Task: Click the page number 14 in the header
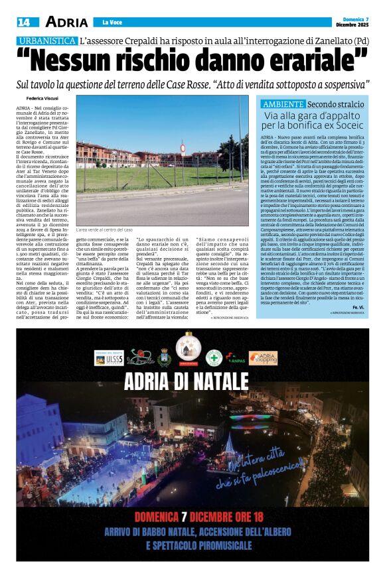(x=23, y=22)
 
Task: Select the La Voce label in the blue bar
(x=110, y=23)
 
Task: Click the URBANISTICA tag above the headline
(x=46, y=40)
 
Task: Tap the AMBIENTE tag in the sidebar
(x=283, y=105)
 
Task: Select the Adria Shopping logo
(x=263, y=357)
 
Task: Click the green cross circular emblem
(x=214, y=357)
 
